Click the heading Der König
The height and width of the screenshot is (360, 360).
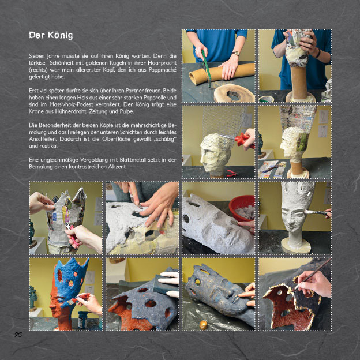point(51,35)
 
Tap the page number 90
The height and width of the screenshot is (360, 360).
point(18,335)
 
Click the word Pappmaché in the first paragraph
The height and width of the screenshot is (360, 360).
point(163,70)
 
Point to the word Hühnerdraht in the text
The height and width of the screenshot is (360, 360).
point(72,111)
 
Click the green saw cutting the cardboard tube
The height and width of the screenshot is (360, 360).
point(206,68)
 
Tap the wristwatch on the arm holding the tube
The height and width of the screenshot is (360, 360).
point(236,53)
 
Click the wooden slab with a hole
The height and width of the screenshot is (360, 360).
point(234,93)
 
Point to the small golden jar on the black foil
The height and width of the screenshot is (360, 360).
point(204,325)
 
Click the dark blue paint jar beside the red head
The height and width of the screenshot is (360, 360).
point(82,320)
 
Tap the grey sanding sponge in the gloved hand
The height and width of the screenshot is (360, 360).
point(163,284)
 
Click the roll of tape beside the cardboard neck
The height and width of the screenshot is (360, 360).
point(267,99)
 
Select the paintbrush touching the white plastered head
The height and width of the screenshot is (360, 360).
point(316,212)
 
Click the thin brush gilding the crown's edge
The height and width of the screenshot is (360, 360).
point(313,273)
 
